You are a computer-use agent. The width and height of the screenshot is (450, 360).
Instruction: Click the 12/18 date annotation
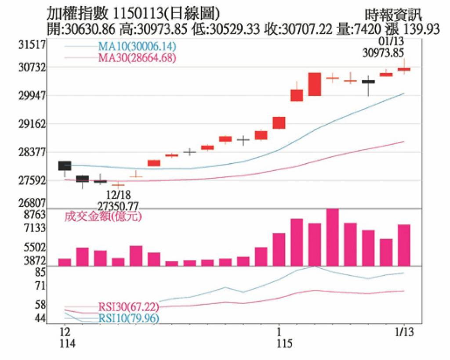tap(119, 194)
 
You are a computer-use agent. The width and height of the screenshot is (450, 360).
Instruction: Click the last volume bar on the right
tap(404, 245)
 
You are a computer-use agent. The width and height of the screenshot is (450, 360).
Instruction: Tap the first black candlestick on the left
tap(65, 166)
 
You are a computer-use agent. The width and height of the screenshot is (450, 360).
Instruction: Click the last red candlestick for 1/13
tap(404, 69)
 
